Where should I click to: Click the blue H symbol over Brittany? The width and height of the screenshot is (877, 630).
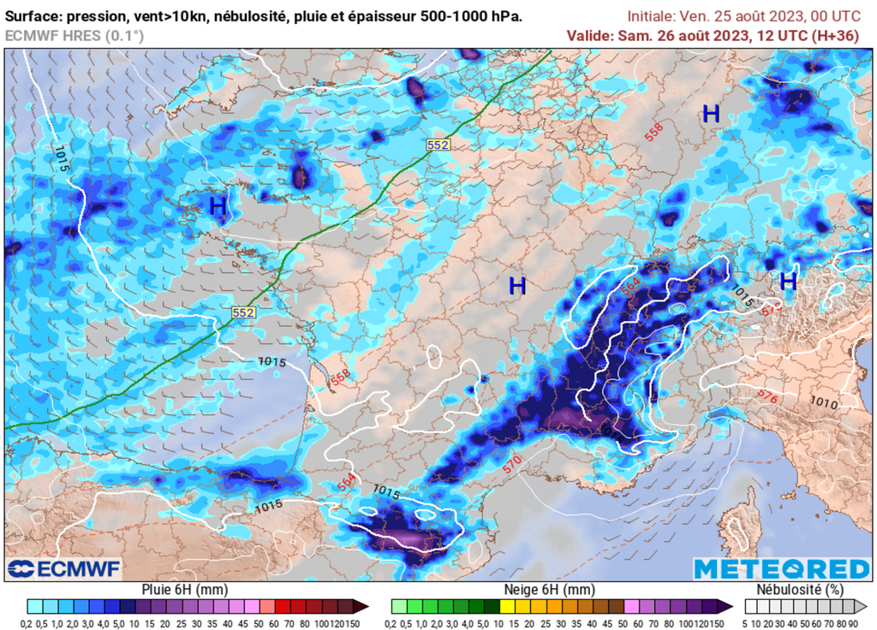218,205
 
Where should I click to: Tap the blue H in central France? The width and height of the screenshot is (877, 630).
517,286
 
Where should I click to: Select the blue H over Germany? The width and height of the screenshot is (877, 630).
711,113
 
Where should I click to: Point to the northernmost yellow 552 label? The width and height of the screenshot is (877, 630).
438,145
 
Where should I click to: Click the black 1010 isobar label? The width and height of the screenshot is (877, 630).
823,401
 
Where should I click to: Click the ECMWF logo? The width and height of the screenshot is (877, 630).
64,568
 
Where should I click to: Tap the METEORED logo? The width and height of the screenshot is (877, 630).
781,568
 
